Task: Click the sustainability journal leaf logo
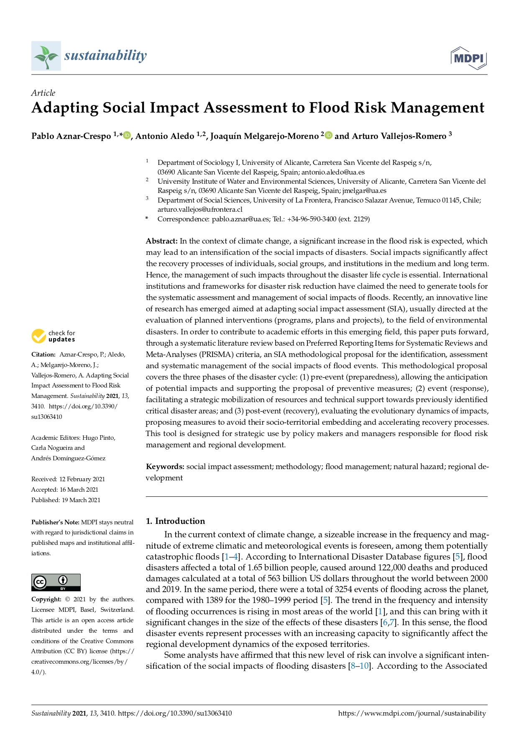point(46,56)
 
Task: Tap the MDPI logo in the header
point(469,58)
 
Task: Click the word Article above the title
point(43,93)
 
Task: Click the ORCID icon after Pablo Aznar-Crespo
point(127,135)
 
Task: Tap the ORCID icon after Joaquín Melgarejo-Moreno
point(329,135)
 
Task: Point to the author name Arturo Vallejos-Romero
point(399,136)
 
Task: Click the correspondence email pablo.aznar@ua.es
point(240,219)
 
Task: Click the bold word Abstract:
point(162,241)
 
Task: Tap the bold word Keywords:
point(165,467)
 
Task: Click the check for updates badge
point(54,336)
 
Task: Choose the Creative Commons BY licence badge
point(56,583)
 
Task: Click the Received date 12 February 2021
point(82,479)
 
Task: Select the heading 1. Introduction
point(175,521)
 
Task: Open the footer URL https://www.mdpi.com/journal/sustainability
point(412,713)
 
